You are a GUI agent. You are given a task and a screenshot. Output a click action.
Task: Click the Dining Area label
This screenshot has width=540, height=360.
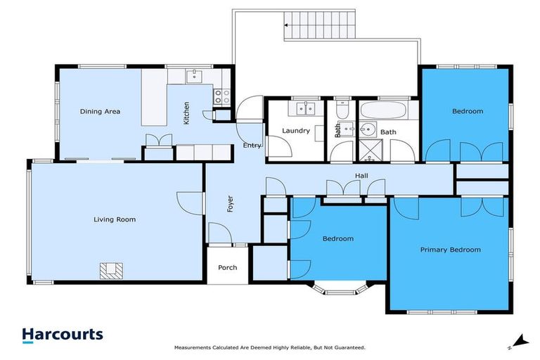tap(100, 111)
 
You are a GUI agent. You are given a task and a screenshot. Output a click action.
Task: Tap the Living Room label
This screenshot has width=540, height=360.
tap(115, 219)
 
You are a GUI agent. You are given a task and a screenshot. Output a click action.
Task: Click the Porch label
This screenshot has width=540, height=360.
tap(228, 267)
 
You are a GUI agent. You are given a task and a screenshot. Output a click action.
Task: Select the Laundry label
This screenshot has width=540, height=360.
tap(296, 131)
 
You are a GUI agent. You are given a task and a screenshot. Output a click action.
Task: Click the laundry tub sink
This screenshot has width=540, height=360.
tap(306, 108)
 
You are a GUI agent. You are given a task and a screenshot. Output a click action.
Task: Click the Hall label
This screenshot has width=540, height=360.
tap(361, 176)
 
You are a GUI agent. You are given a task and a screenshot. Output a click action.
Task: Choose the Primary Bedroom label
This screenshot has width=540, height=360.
tap(450, 250)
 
